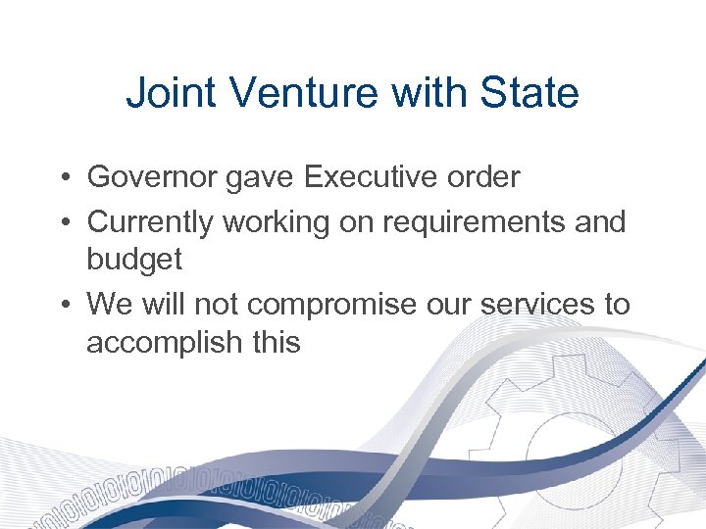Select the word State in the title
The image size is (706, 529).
click(x=529, y=94)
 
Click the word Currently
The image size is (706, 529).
click(x=151, y=222)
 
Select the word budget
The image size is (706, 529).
click(x=134, y=260)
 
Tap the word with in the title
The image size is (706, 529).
click(x=433, y=94)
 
